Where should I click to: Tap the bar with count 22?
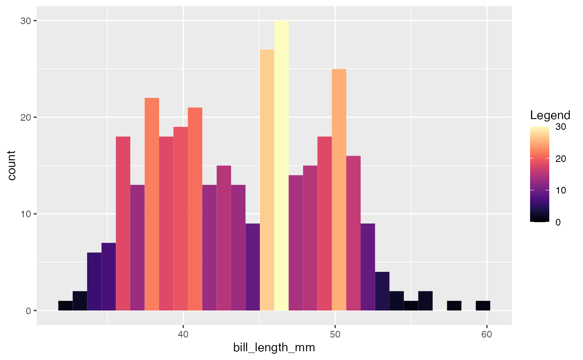pyautogui.click(x=152, y=204)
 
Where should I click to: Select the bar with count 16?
pyautogui.click(x=354, y=233)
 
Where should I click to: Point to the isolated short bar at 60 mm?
pyautogui.click(x=483, y=305)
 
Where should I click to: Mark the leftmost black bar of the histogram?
pyautogui.click(x=65, y=305)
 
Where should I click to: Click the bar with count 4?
pyautogui.click(x=382, y=291)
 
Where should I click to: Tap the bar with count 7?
pyautogui.click(x=109, y=276)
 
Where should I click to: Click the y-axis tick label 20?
pyautogui.click(x=26, y=117)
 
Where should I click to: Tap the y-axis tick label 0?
pyautogui.click(x=28, y=311)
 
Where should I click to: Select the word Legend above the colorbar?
pyautogui.click(x=550, y=115)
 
